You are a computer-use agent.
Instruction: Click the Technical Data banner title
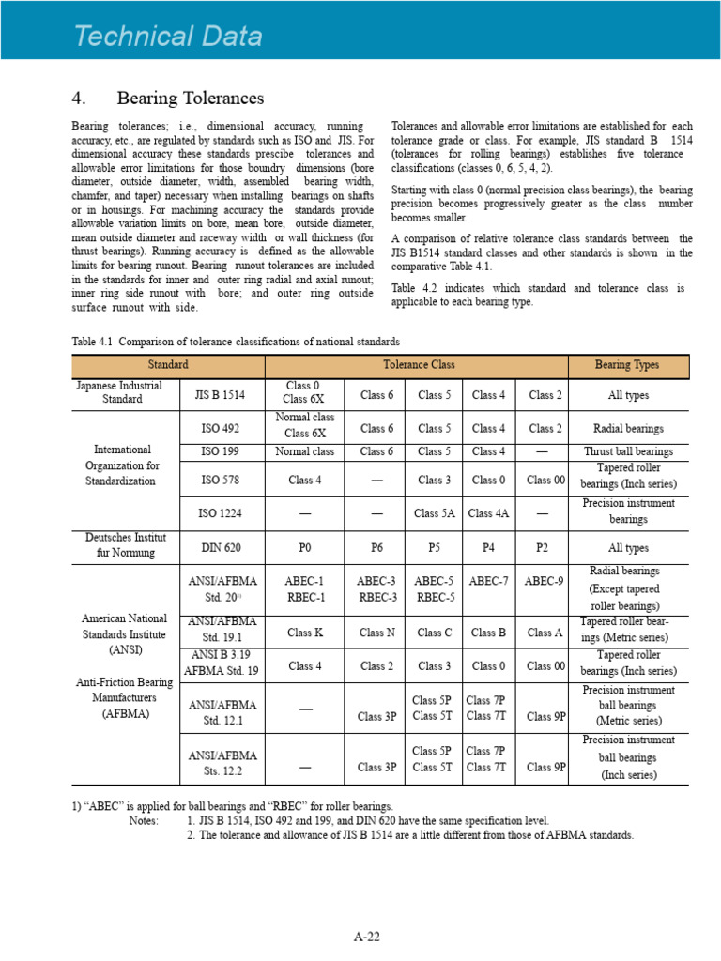click(x=169, y=37)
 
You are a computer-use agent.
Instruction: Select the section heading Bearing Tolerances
click(x=191, y=99)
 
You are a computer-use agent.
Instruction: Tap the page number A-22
click(x=366, y=936)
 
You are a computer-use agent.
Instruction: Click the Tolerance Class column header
click(x=417, y=365)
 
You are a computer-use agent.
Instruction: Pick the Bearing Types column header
click(x=628, y=365)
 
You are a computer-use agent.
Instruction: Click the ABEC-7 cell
click(x=488, y=582)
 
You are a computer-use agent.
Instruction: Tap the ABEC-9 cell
click(x=545, y=582)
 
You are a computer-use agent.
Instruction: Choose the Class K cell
click(x=305, y=633)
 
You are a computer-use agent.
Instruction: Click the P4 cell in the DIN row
click(x=488, y=548)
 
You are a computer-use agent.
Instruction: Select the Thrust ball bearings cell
click(x=628, y=451)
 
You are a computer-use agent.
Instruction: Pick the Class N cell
click(x=376, y=633)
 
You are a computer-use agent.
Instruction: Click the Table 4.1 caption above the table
click(x=236, y=341)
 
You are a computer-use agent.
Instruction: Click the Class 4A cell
click(x=488, y=513)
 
